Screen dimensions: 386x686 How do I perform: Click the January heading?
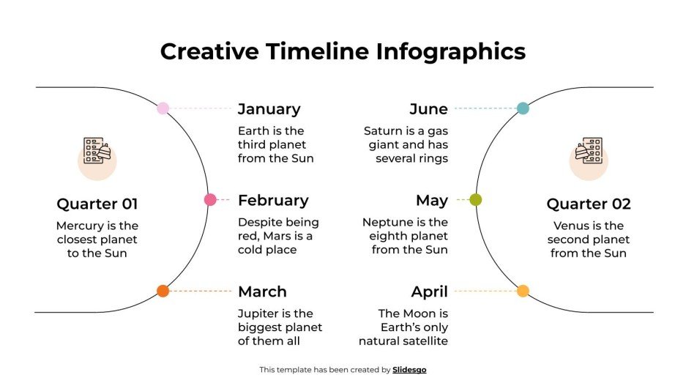click(269, 109)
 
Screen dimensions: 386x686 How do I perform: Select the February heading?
click(273, 200)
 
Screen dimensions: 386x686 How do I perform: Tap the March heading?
click(262, 292)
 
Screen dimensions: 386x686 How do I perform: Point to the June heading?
click(428, 109)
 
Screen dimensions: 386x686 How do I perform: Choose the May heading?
click(431, 200)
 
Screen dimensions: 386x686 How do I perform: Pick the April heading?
click(429, 292)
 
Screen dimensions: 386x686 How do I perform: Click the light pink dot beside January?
click(163, 108)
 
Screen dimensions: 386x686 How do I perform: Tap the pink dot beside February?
click(210, 199)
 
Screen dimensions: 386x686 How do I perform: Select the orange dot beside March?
click(163, 291)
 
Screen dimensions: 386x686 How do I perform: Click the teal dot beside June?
click(523, 108)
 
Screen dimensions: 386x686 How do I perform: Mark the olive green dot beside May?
click(476, 199)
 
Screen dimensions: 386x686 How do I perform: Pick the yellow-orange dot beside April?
click(523, 291)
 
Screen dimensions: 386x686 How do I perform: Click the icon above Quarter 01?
click(97, 152)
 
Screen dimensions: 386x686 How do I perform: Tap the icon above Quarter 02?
click(589, 152)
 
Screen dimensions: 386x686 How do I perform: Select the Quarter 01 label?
click(97, 204)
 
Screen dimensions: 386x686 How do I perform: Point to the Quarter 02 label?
click(589, 204)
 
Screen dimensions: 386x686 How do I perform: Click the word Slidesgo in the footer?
click(409, 370)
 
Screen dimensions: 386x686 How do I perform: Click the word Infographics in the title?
click(451, 51)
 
